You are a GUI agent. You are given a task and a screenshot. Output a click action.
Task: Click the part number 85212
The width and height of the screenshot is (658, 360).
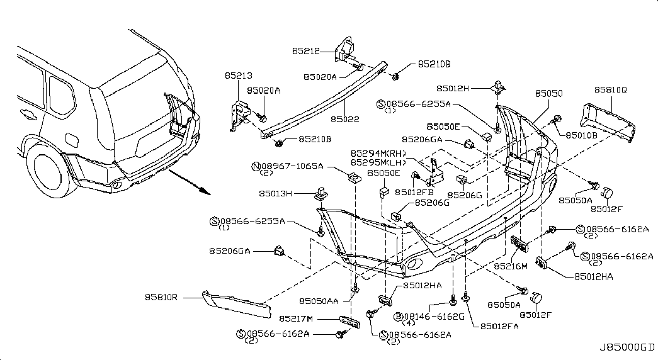pyautogui.click(x=306, y=51)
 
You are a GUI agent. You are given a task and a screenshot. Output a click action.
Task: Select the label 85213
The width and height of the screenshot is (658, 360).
pyautogui.click(x=239, y=76)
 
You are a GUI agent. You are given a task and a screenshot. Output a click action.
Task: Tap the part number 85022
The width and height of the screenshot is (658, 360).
pyautogui.click(x=345, y=119)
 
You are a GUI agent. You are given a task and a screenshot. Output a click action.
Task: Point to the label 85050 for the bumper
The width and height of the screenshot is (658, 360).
pyautogui.click(x=549, y=94)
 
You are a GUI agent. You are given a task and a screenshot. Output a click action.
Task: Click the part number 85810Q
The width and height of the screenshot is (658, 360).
pyautogui.click(x=611, y=90)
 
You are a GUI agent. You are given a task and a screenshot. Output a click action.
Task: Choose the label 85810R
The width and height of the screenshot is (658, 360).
pyautogui.click(x=161, y=297)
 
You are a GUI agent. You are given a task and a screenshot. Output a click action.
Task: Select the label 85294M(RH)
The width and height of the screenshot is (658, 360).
pyautogui.click(x=378, y=154)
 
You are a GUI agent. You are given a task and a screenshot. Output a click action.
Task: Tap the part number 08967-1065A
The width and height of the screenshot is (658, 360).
pyautogui.click(x=292, y=166)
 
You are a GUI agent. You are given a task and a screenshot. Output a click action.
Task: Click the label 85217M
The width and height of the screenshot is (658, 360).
pyautogui.click(x=296, y=319)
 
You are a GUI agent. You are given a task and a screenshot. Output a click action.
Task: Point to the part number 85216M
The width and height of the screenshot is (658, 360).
pyautogui.click(x=511, y=266)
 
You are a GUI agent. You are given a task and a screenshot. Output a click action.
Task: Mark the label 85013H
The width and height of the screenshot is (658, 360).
pyautogui.click(x=275, y=193)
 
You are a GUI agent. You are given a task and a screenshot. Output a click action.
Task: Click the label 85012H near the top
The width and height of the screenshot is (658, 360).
pyautogui.click(x=453, y=88)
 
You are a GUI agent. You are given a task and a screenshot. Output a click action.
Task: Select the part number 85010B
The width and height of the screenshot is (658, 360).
pyautogui.click(x=582, y=135)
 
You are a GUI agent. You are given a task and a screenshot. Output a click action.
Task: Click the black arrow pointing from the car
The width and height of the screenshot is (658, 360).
pyautogui.click(x=189, y=183)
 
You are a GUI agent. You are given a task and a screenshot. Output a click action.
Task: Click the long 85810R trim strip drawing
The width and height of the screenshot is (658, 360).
pyautogui.click(x=237, y=304)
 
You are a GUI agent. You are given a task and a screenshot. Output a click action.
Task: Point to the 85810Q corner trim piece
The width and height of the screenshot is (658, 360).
pyautogui.click(x=607, y=121)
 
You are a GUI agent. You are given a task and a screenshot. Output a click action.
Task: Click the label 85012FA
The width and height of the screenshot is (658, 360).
pyautogui.click(x=499, y=326)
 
